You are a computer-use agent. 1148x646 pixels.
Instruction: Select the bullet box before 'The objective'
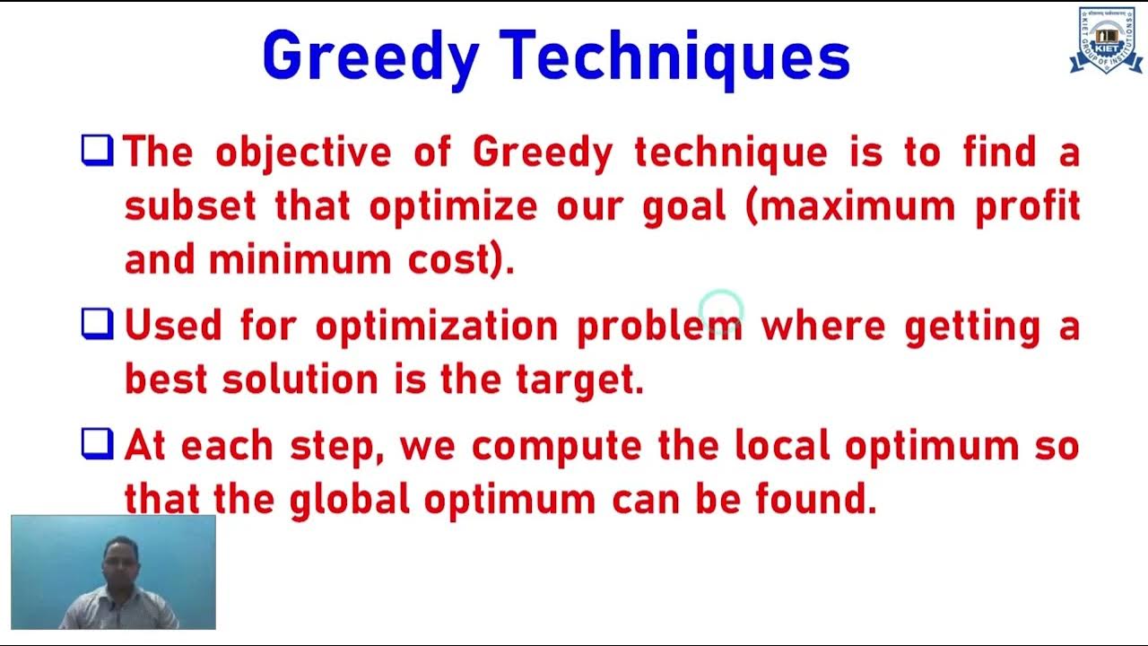coord(97,150)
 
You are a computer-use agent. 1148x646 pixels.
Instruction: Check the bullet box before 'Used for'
coord(97,324)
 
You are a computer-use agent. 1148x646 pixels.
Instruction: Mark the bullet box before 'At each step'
coord(97,443)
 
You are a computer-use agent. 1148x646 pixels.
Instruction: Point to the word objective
coord(303,153)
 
